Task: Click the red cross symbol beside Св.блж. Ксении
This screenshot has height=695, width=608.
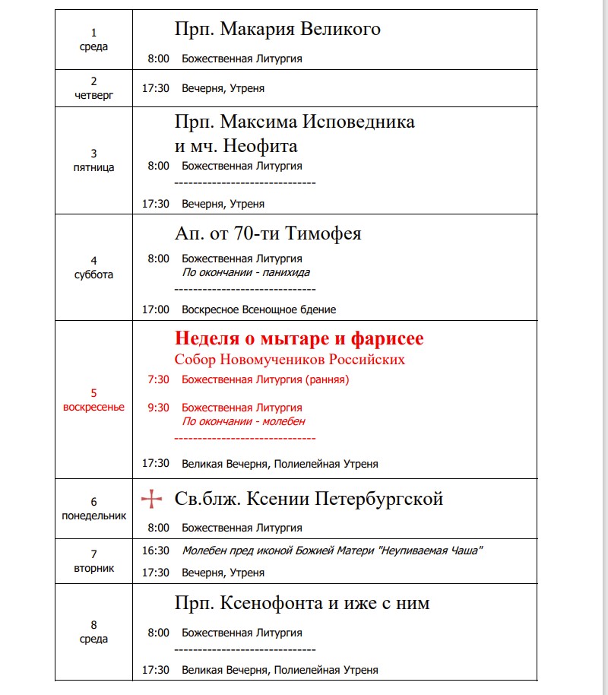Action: pyautogui.click(x=152, y=500)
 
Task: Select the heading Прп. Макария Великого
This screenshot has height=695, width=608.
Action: pyautogui.click(x=277, y=30)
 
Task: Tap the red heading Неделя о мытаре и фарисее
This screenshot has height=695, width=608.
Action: pyautogui.click(x=299, y=338)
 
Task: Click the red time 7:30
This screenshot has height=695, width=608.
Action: pyautogui.click(x=159, y=379)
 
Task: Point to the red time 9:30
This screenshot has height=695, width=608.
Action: pyautogui.click(x=159, y=408)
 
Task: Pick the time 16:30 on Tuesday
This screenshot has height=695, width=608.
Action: pyautogui.click(x=156, y=551)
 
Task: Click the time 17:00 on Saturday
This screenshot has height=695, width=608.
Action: pyautogui.click(x=156, y=309)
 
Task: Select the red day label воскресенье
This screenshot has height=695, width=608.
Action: pyautogui.click(x=93, y=407)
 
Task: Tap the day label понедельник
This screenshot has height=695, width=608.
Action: pyautogui.click(x=94, y=516)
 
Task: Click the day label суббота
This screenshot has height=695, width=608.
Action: pyautogui.click(x=94, y=275)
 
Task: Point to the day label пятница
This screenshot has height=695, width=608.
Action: pyautogui.click(x=94, y=167)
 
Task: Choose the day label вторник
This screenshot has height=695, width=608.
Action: pyautogui.click(x=94, y=568)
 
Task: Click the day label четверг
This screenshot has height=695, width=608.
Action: pyautogui.click(x=94, y=95)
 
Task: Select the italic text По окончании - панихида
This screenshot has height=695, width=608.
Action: pyautogui.click(x=245, y=272)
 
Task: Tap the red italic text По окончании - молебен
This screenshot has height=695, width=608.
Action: pyautogui.click(x=243, y=421)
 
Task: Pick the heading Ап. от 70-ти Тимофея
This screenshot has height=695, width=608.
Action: pyautogui.click(x=268, y=233)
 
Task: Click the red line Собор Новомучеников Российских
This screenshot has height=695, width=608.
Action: pyautogui.click(x=290, y=360)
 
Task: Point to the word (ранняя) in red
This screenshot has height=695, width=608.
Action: pyautogui.click(x=327, y=379)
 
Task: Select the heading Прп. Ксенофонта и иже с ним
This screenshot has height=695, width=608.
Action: pyautogui.click(x=302, y=604)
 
